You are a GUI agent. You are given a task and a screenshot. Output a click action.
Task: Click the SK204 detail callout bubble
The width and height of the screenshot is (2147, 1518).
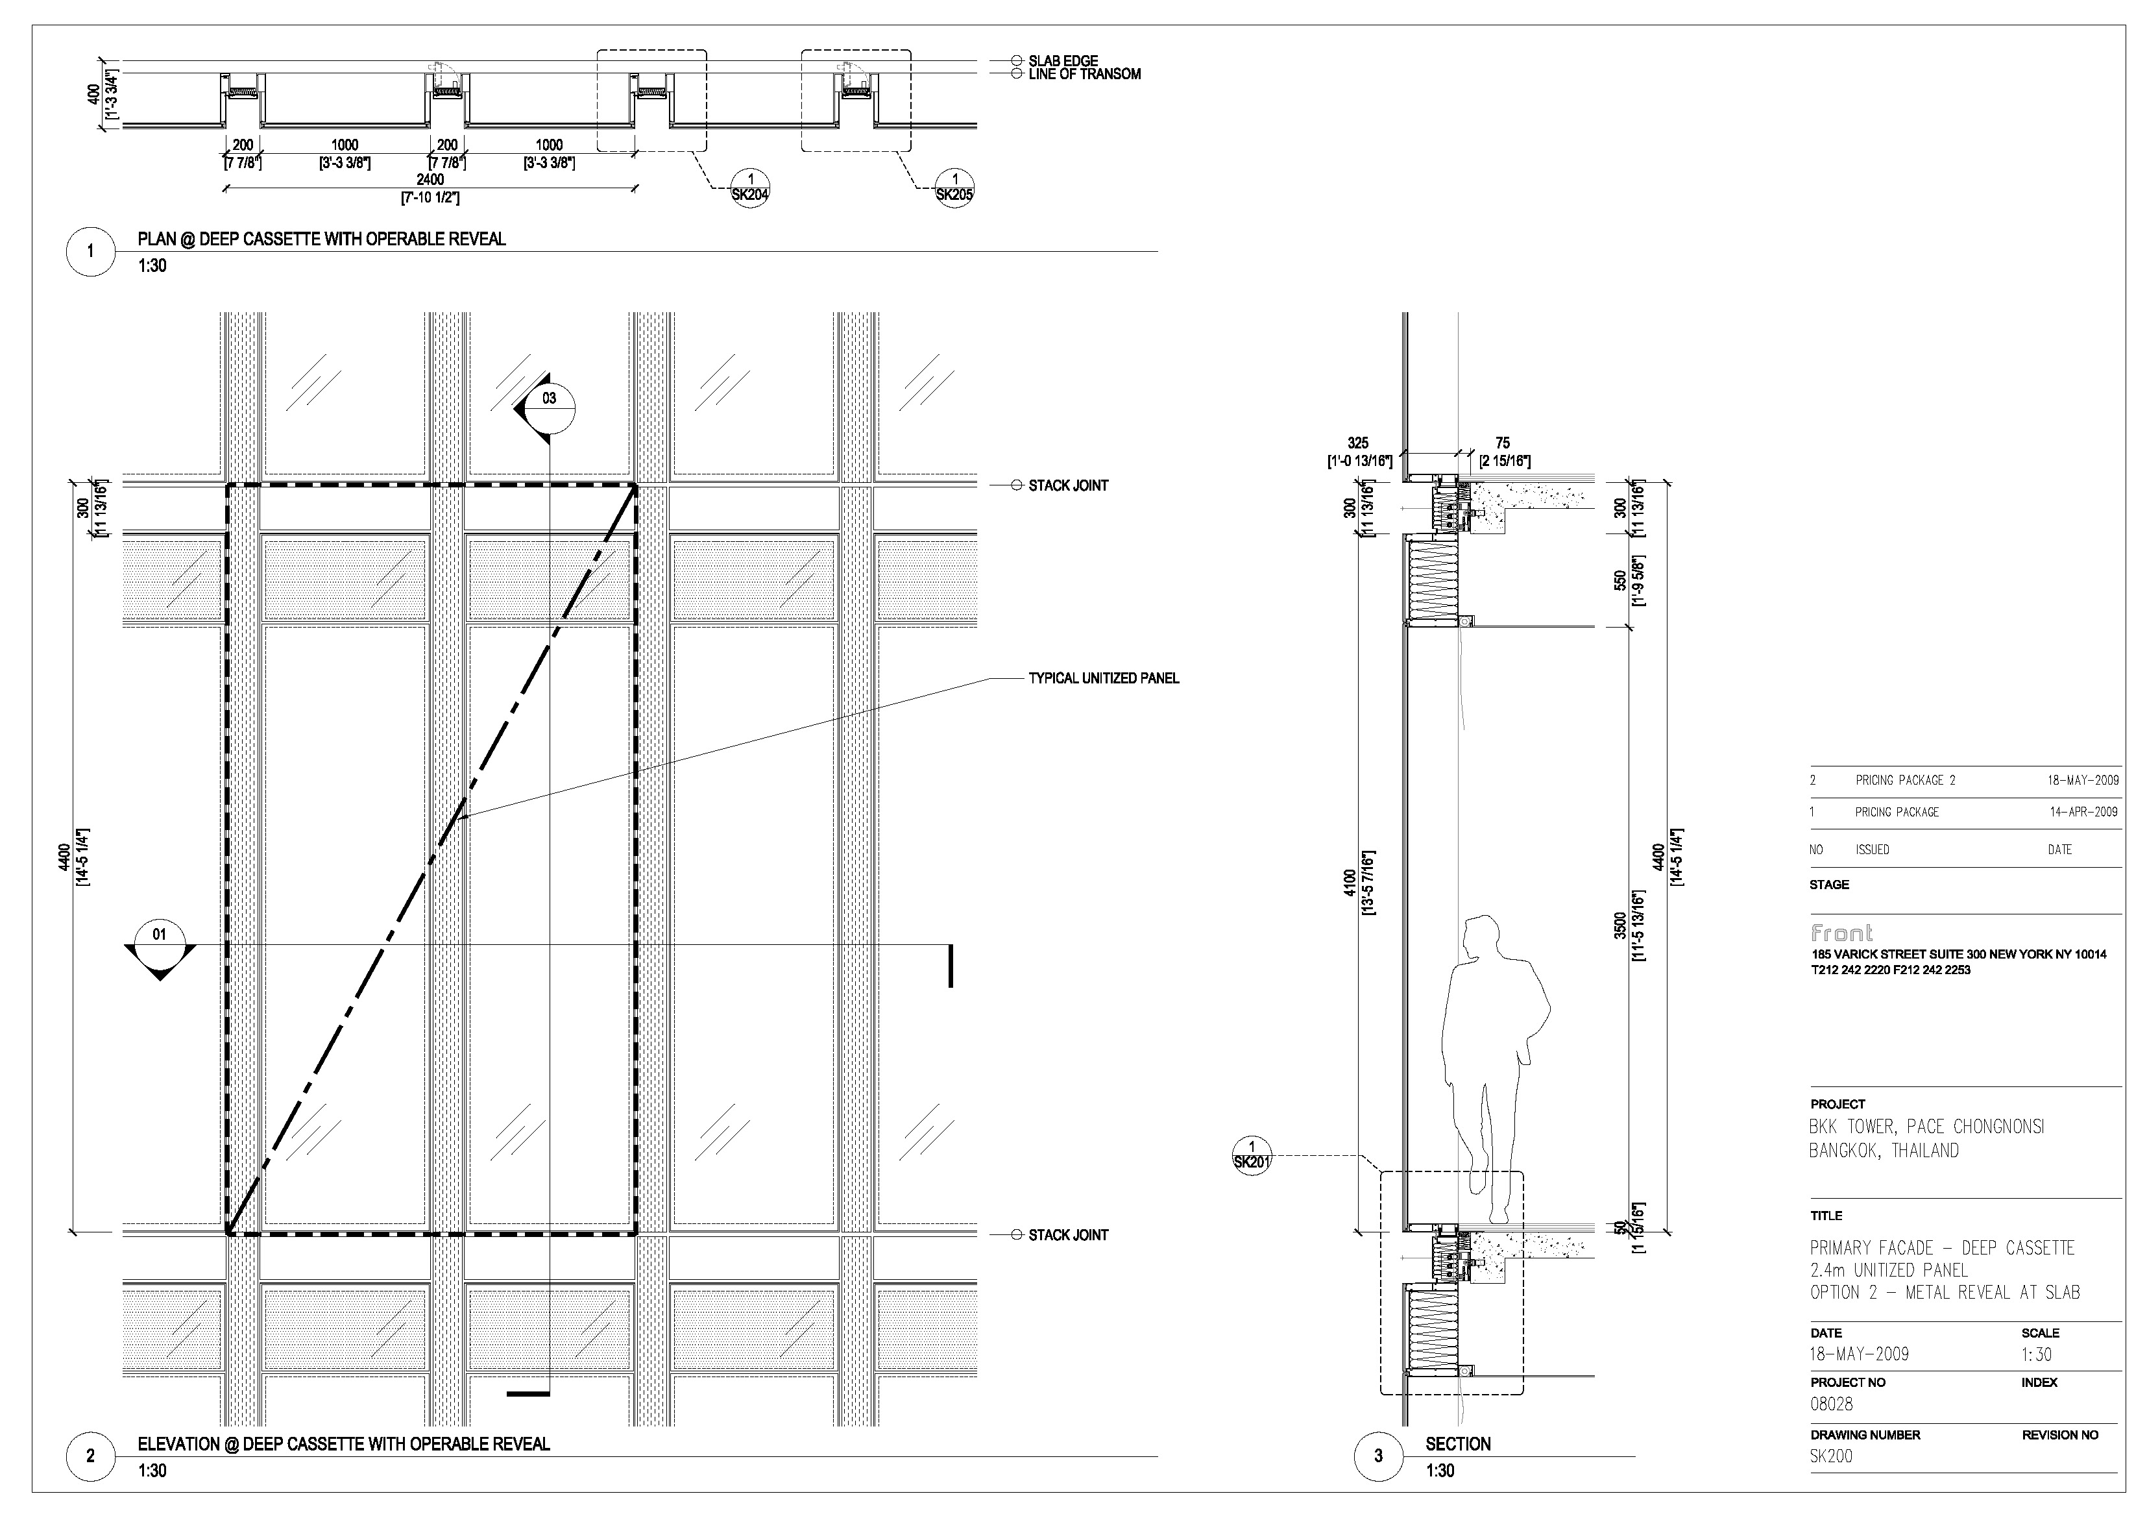(x=750, y=187)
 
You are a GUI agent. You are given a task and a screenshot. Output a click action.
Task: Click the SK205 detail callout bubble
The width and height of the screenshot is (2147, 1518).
(x=954, y=187)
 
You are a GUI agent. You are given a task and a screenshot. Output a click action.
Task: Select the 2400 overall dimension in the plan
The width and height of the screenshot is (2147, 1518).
(x=430, y=180)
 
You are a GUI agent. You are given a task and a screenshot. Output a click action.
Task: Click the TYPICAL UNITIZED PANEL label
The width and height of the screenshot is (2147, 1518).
(x=1104, y=678)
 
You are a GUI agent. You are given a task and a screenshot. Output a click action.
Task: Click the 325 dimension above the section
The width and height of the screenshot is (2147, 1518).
(x=1358, y=443)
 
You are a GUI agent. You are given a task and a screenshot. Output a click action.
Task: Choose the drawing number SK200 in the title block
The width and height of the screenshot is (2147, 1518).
(x=1831, y=1456)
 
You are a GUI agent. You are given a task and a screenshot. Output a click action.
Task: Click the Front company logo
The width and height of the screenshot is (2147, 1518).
(x=1841, y=933)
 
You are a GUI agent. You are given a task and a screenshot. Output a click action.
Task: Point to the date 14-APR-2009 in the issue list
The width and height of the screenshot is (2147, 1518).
(x=2083, y=812)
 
